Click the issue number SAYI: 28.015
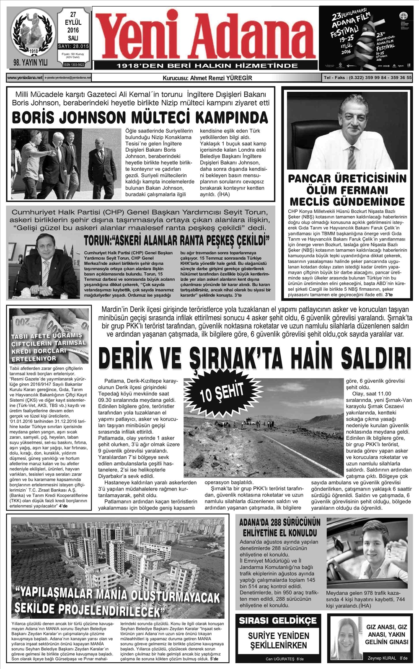point(73,46)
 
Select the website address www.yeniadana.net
point(25,77)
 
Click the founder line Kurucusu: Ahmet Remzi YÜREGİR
point(207,78)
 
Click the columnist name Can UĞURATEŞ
point(280,659)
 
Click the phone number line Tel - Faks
point(367,78)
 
